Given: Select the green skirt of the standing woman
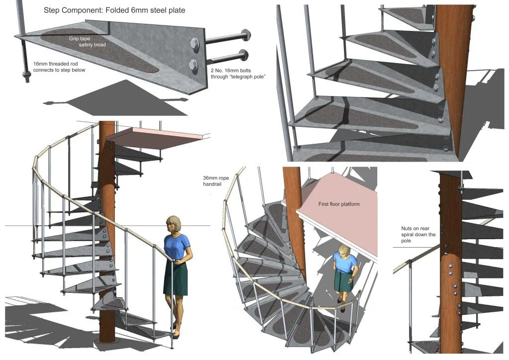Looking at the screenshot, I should pos(175,279).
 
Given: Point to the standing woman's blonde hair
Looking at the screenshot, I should pos(174,222).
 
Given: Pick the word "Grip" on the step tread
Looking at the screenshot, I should pos(75,37).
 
